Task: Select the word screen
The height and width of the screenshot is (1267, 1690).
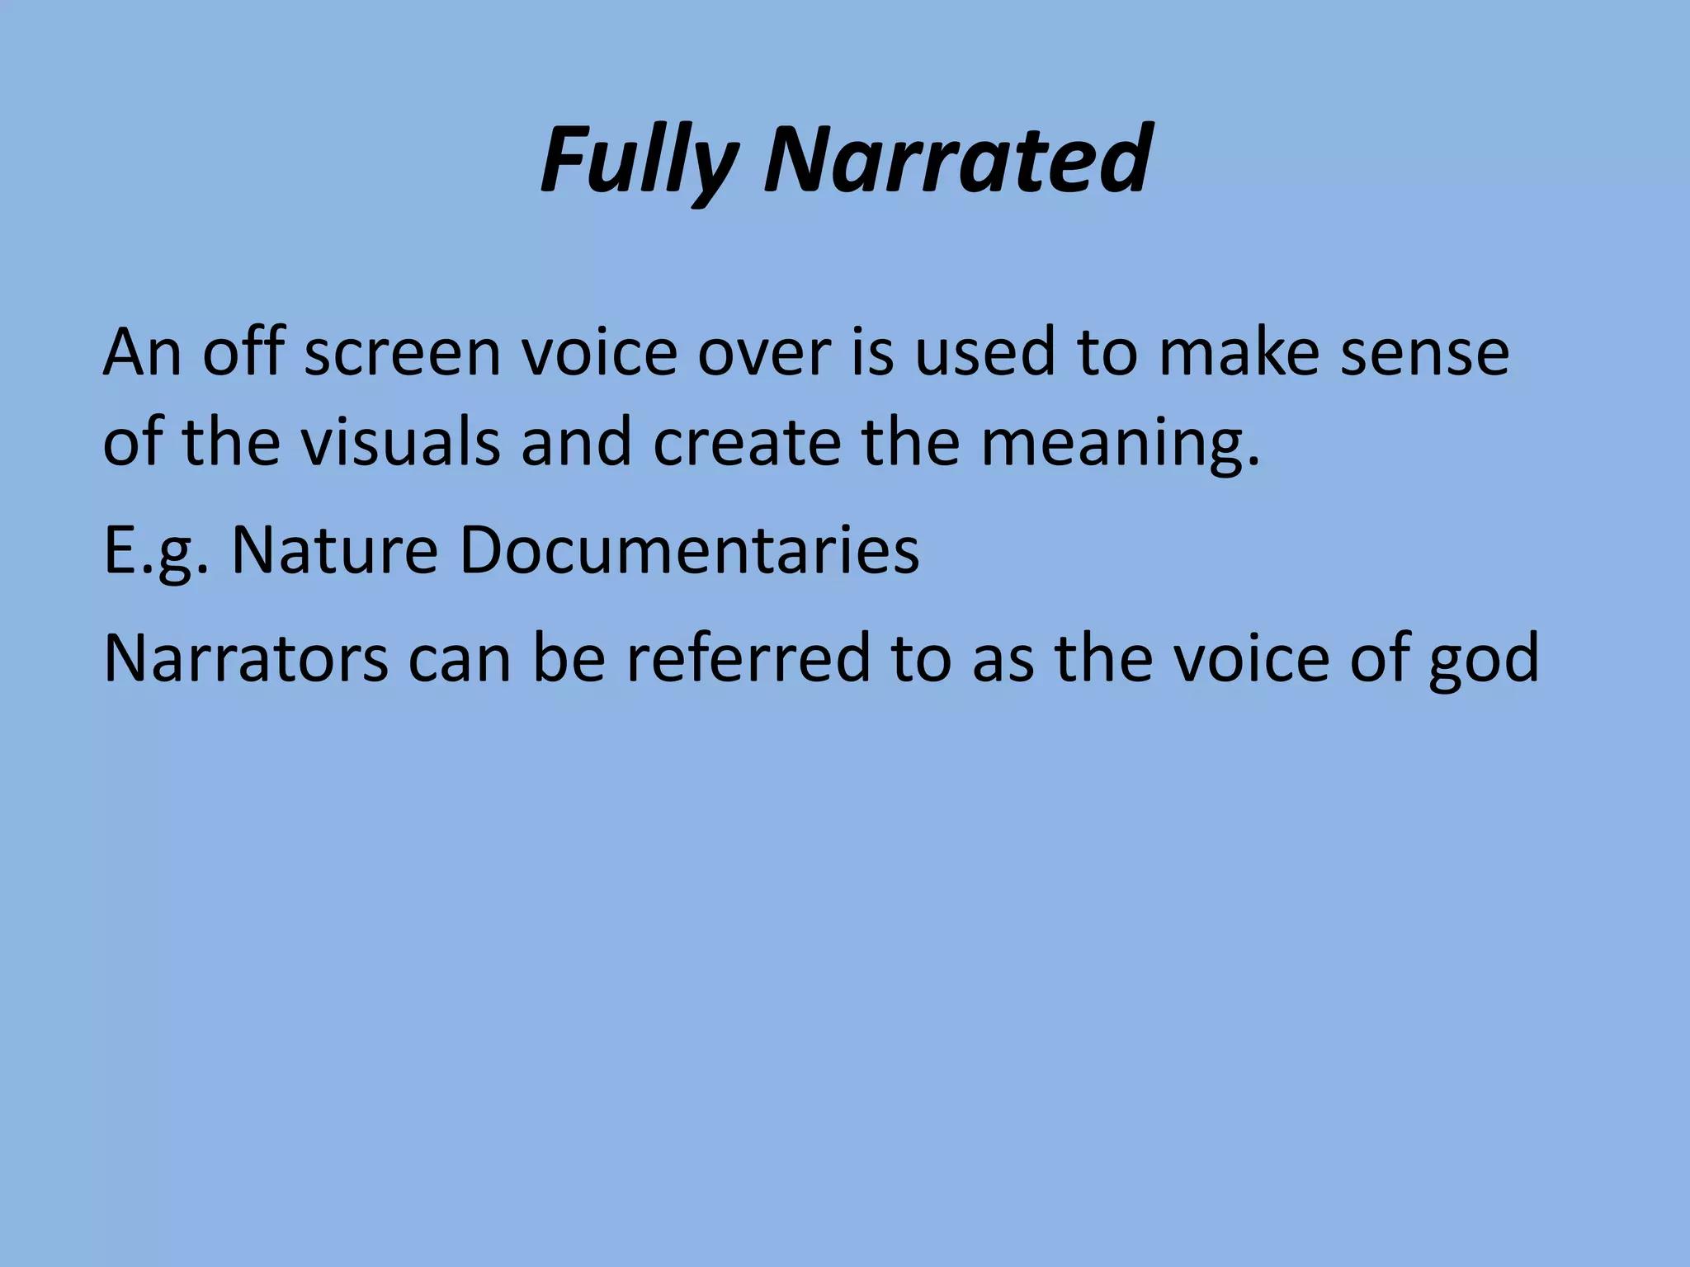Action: coord(403,352)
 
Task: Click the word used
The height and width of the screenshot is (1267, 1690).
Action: coord(985,352)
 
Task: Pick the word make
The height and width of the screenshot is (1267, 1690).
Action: coord(1239,352)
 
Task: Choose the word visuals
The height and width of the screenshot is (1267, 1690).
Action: coord(399,442)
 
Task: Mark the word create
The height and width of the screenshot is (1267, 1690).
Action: coord(748,442)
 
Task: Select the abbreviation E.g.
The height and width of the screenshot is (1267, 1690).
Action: coord(157,552)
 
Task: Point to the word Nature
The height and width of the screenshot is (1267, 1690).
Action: coord(334,550)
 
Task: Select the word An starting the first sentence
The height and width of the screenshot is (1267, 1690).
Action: coord(142,352)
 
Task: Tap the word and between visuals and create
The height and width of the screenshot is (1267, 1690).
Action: coord(576,442)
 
